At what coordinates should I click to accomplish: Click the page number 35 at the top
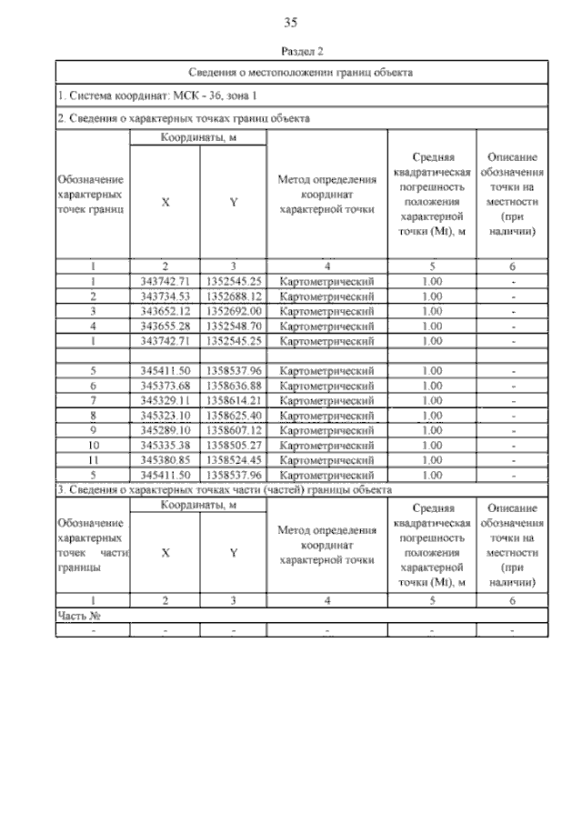(291, 23)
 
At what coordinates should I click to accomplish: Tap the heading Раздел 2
(303, 53)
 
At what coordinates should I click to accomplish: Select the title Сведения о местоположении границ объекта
(301, 72)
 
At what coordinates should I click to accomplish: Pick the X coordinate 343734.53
(165, 296)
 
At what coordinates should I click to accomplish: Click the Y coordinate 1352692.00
(233, 311)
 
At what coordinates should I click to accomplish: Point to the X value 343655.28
(165, 326)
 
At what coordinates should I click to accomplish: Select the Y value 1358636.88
(233, 386)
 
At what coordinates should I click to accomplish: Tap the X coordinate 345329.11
(165, 400)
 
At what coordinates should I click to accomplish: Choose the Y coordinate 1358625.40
(233, 415)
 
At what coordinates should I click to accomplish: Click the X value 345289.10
(165, 429)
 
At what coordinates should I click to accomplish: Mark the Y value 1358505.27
(233, 445)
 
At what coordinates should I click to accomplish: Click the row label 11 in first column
(93, 459)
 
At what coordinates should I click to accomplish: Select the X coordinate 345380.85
(165, 459)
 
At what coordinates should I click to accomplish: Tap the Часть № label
(78, 616)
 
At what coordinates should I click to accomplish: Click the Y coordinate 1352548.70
(233, 326)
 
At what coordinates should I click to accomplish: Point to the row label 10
(93, 445)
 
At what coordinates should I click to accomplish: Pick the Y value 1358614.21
(233, 400)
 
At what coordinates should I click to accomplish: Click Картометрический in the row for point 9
(327, 429)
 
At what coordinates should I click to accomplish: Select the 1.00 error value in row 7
(432, 400)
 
